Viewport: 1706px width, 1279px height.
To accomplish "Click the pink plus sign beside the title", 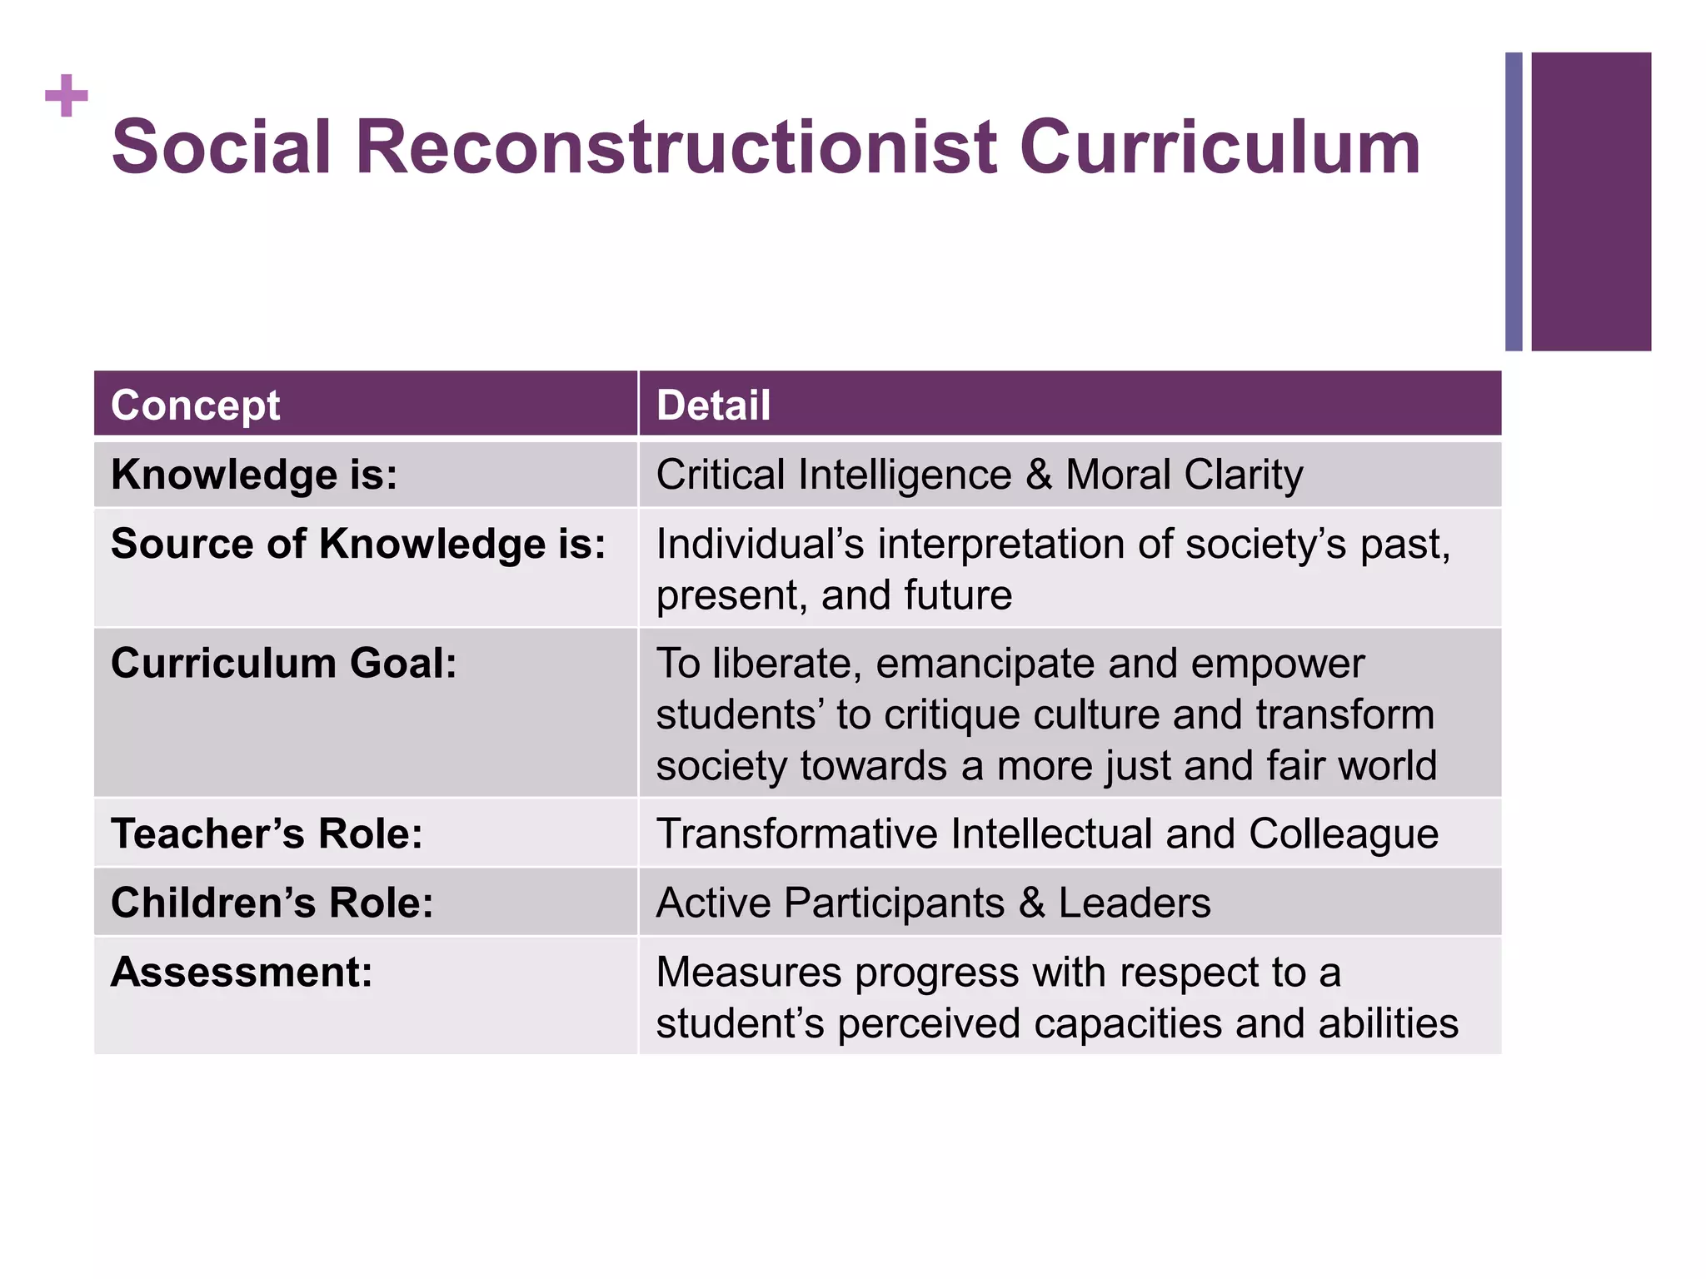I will tap(67, 96).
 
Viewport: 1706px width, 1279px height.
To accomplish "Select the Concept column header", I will tap(195, 406).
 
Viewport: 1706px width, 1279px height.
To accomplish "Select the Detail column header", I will tap(713, 406).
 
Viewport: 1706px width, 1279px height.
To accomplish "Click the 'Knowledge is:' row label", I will tap(254, 475).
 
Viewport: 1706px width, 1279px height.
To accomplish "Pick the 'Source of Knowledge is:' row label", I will tap(358, 545).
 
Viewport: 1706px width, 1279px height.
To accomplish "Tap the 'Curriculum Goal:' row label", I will tap(284, 664).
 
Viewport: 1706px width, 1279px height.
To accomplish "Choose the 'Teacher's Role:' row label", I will tap(267, 834).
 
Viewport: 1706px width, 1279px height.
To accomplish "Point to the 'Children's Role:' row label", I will tap(272, 903).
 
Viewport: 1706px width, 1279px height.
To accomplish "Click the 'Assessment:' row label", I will tap(242, 972).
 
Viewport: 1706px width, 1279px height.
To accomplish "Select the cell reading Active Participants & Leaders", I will tap(933, 903).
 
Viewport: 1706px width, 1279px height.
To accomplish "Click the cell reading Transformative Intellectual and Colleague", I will tap(1047, 834).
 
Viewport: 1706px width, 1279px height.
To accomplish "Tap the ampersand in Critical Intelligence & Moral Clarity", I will tap(1039, 475).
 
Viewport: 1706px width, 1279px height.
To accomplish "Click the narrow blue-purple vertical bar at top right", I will tap(1514, 202).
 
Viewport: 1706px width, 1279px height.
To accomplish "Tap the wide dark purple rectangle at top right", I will tap(1591, 202).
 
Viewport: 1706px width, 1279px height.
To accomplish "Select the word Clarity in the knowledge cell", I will tap(1243, 475).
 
